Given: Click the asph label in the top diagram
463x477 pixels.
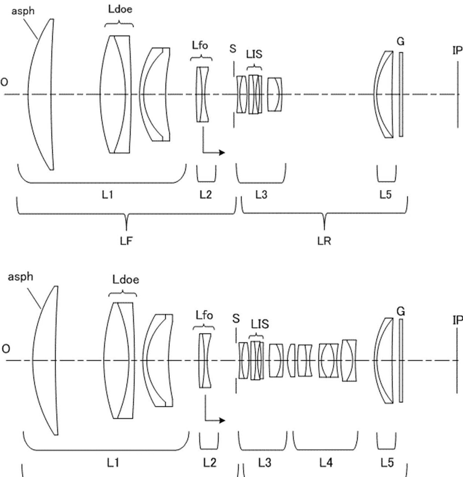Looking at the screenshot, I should coord(23,11).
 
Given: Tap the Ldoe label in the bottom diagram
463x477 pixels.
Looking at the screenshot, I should coord(125,280).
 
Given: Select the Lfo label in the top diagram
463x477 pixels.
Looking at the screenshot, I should coord(200,45).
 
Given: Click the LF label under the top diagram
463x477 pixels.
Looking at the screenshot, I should coord(126,241).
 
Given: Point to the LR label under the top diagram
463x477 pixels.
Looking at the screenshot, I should coord(324,241).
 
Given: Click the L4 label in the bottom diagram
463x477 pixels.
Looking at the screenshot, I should coord(326,463).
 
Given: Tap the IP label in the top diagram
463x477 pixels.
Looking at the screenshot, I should coord(457,51).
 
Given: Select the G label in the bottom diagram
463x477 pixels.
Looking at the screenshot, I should coord(401,312).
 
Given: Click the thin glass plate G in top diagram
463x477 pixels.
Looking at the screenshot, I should coord(401,94).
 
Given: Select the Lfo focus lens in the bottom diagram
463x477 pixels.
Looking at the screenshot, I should coord(205,360).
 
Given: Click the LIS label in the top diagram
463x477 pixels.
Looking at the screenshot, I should coord(254,54).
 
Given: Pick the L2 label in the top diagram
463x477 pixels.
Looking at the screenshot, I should coord(205,194).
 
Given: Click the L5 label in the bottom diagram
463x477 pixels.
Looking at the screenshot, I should coord(387,463).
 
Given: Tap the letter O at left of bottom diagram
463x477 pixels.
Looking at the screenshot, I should coord(6,349).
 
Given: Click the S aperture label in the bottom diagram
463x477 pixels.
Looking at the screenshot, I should coord(236,318).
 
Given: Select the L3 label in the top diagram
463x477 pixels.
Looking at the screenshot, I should coord(261,194).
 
